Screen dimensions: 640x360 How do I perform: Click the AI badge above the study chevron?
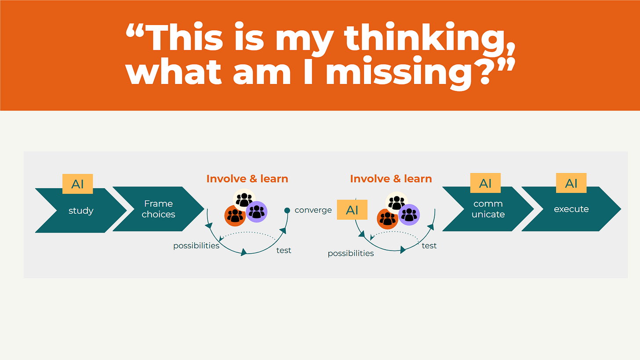(x=78, y=184)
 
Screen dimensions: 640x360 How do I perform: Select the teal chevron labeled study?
(x=81, y=211)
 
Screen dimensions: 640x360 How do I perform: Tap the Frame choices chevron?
(x=158, y=209)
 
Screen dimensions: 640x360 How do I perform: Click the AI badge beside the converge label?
(x=352, y=210)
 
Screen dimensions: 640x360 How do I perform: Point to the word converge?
(x=313, y=210)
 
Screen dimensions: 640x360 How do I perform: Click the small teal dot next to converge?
(x=287, y=210)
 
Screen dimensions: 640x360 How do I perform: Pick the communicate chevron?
(x=488, y=209)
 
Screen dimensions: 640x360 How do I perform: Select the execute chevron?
(x=571, y=209)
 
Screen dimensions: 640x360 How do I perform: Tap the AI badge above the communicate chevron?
(x=485, y=183)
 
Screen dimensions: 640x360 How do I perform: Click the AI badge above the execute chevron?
(x=571, y=183)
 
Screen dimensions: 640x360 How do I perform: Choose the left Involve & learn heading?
(x=247, y=178)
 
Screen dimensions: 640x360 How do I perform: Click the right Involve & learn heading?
(x=391, y=178)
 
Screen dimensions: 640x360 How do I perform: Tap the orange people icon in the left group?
(x=235, y=216)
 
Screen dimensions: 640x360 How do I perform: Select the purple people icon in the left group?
(x=256, y=212)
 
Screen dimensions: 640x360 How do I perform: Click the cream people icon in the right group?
(x=396, y=202)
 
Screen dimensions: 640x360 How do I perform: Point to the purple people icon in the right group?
(x=409, y=215)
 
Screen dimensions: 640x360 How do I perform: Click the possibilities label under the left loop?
(x=196, y=246)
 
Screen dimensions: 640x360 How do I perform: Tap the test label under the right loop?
(x=429, y=246)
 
